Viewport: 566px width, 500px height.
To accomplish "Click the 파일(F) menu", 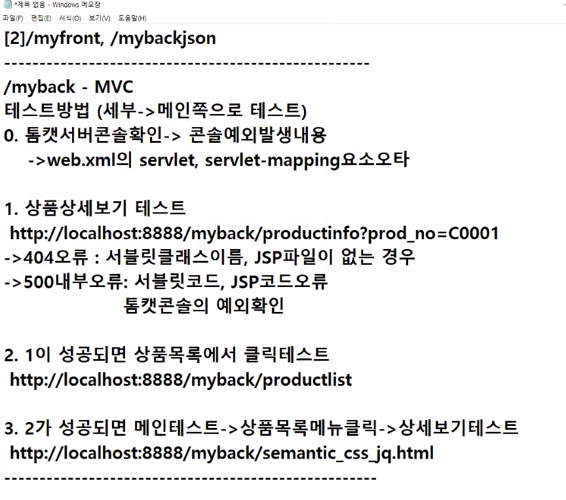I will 13,18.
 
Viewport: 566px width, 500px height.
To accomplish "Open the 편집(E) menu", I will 41,18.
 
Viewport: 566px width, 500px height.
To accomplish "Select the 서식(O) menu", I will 69,18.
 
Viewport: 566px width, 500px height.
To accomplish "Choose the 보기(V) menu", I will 99,18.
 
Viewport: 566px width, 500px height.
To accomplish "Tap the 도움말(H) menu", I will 132,18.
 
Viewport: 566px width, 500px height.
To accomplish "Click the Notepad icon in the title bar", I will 7,6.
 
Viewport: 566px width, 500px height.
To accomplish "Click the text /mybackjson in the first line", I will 163,38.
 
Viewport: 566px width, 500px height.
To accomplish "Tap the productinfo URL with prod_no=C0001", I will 254,233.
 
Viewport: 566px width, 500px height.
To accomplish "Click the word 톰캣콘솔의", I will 166,306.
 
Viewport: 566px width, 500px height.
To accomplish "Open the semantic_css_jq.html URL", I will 221,453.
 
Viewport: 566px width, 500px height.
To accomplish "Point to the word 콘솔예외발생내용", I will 258,136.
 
